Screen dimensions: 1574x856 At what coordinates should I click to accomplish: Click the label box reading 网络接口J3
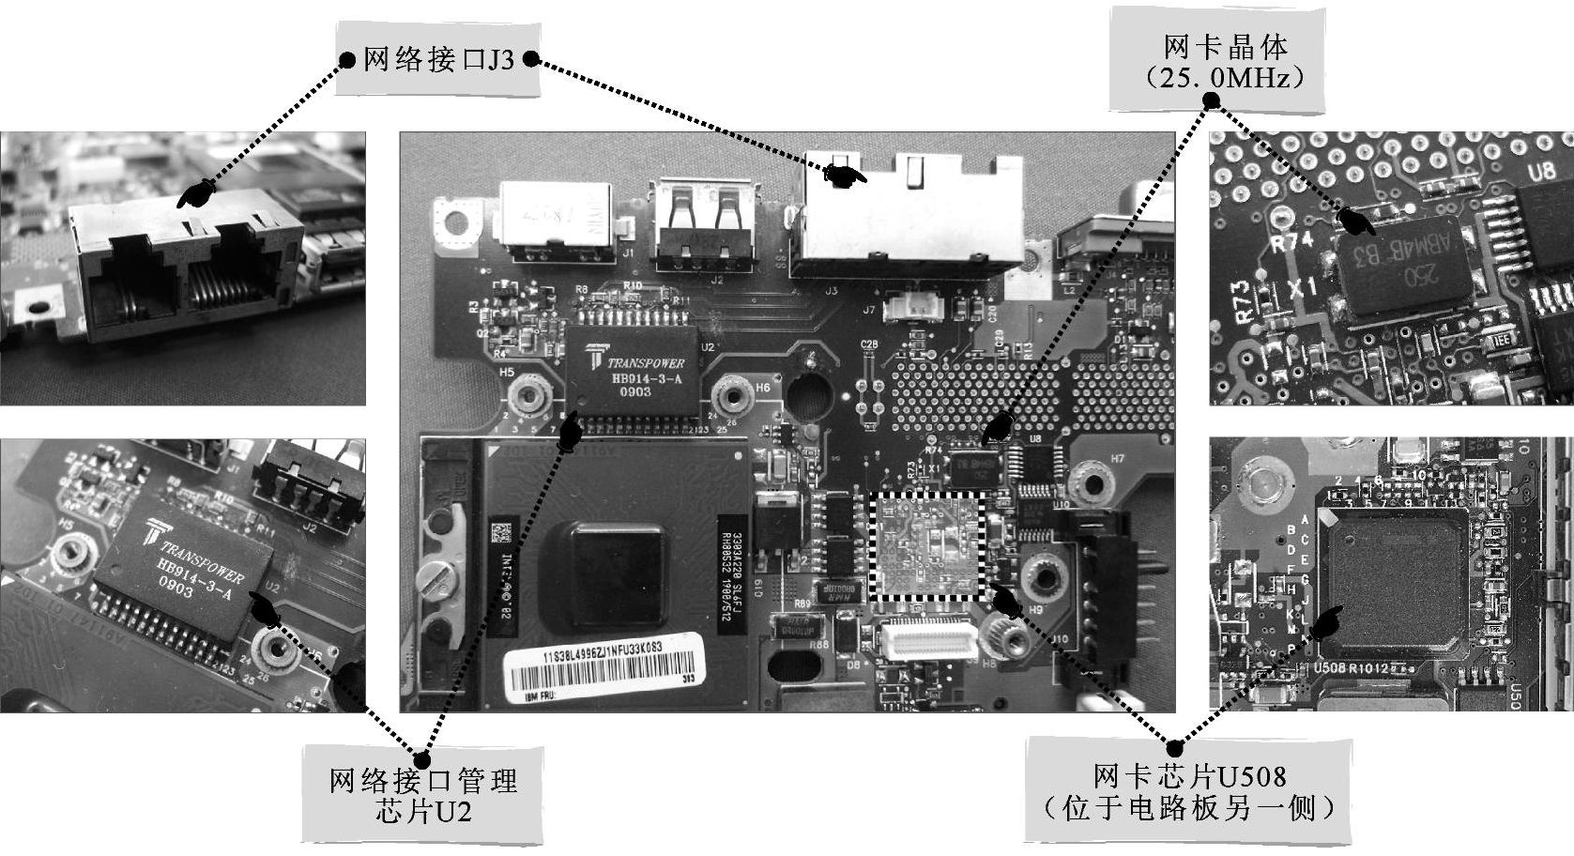pyautogui.click(x=437, y=60)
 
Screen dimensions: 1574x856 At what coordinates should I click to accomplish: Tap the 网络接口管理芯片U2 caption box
pyautogui.click(x=422, y=795)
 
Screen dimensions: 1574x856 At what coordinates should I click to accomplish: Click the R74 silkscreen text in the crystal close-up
pyautogui.click(x=1291, y=242)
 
